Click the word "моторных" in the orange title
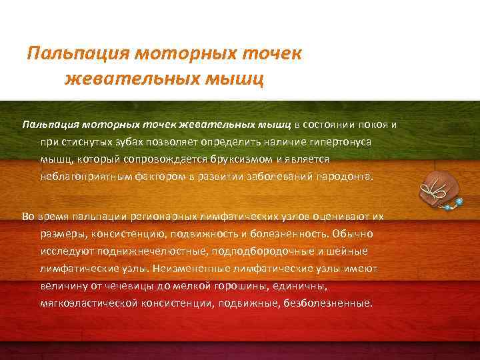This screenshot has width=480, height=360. pyautogui.click(x=184, y=53)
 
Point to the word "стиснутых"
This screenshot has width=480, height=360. pyautogui.click(x=84, y=143)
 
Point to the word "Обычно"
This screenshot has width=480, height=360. pyautogui.click(x=354, y=235)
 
